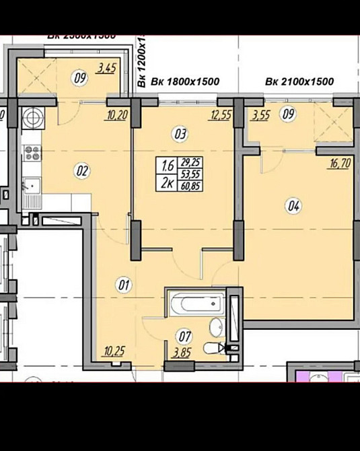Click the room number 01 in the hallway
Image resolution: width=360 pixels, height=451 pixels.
124,285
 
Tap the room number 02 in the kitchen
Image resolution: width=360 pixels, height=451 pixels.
83,171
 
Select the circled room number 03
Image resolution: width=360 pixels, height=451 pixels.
180,134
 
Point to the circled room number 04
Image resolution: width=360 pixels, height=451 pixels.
293,207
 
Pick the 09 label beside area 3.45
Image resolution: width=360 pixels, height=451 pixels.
80,77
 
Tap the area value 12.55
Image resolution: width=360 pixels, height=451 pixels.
221,115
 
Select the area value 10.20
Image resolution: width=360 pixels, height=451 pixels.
117,115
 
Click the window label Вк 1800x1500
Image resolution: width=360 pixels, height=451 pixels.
184,81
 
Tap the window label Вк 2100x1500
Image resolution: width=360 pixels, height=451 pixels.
299,81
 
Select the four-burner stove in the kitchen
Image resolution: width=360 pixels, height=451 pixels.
32,153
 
